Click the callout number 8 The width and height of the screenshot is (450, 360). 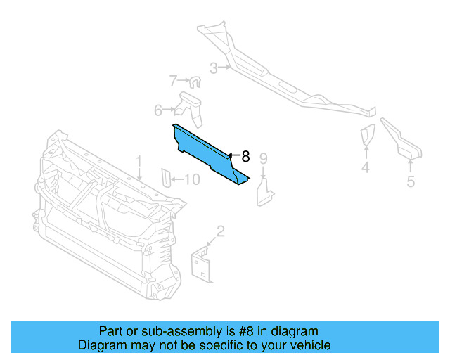tap(245, 156)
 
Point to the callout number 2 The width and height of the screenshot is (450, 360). tap(221, 231)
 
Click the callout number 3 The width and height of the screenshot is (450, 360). tap(213, 68)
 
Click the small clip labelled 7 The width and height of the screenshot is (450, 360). tap(195, 83)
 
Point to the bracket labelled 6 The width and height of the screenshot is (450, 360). tap(190, 106)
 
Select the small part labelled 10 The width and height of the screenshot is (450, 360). tap(167, 179)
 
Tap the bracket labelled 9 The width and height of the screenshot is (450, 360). tap(265, 192)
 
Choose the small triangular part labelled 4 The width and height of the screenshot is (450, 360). tap(367, 136)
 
